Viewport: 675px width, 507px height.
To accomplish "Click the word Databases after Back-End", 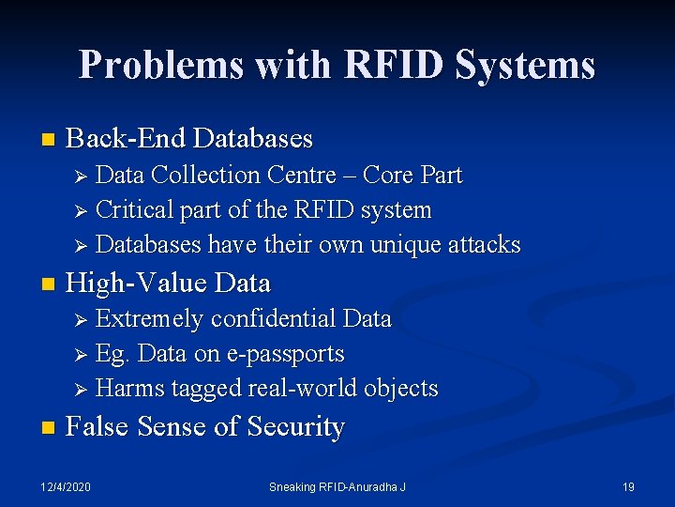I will tap(252, 139).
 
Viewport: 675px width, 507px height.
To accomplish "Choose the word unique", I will tap(401, 244).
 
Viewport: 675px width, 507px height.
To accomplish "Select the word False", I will tap(98, 427).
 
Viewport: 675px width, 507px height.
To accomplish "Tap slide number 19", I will tap(628, 486).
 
